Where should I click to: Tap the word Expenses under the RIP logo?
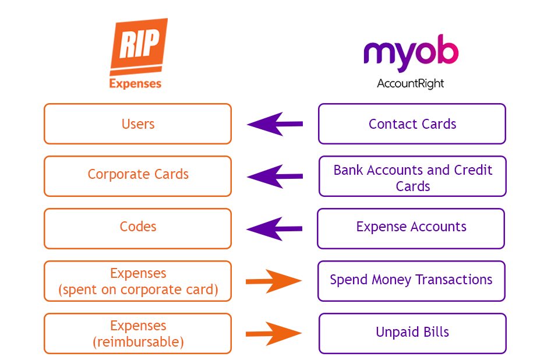(x=135, y=83)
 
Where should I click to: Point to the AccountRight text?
(x=411, y=83)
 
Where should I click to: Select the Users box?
(x=137, y=123)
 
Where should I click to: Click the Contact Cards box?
(x=412, y=123)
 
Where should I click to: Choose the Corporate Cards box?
(x=137, y=175)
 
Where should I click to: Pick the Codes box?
(x=137, y=228)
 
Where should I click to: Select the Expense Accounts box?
(x=411, y=228)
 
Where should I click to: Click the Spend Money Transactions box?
(x=411, y=280)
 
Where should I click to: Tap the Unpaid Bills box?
(x=412, y=333)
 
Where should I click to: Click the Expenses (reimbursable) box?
(x=137, y=333)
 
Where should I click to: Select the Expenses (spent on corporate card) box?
(x=137, y=281)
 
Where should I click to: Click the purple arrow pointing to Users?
(x=274, y=123)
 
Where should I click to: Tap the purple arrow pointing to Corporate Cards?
(x=274, y=176)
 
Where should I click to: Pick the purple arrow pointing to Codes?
(x=274, y=228)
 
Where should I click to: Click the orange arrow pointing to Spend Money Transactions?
(x=274, y=281)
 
